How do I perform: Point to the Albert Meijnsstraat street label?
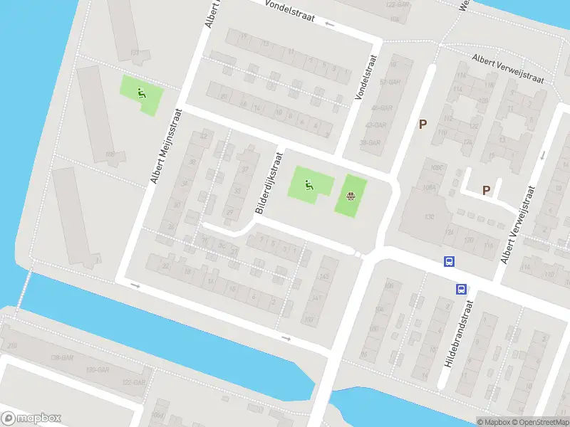(x=167, y=146)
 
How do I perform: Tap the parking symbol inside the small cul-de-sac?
(x=487, y=190)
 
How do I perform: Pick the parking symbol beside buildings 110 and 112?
(x=423, y=125)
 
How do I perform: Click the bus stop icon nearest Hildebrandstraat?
(x=461, y=289)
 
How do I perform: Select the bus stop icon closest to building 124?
(x=449, y=261)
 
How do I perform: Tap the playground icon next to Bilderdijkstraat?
(x=309, y=186)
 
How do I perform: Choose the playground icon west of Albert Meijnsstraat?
(x=141, y=92)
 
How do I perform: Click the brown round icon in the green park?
(x=350, y=196)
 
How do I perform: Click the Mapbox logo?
(x=31, y=418)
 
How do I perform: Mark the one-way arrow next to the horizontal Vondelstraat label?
(x=329, y=24)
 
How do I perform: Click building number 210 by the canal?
(x=12, y=346)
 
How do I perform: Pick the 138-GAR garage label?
(x=61, y=357)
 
